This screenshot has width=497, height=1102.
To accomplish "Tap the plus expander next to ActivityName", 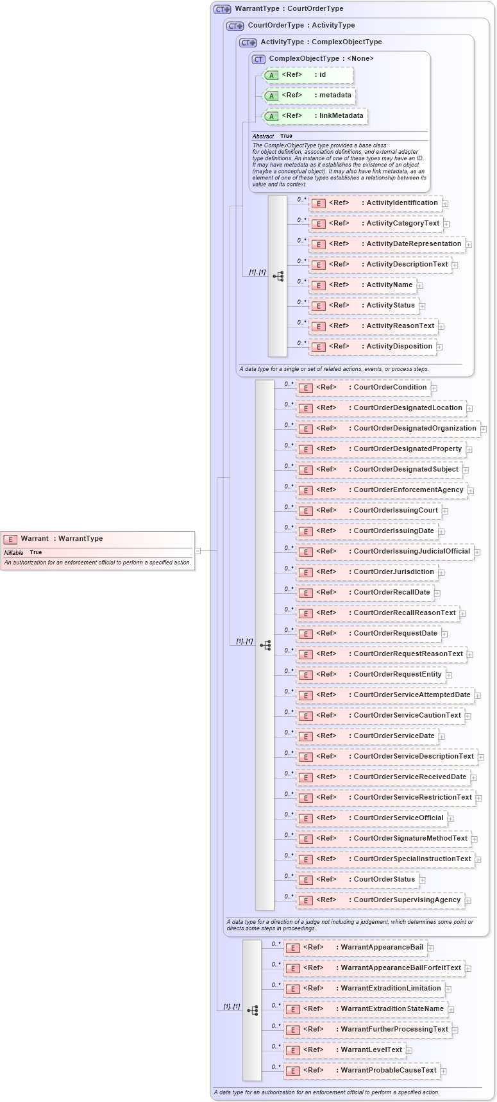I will (x=420, y=286).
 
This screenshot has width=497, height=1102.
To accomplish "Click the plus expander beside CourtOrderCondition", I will (x=434, y=388).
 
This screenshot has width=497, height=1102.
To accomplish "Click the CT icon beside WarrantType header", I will (x=222, y=9).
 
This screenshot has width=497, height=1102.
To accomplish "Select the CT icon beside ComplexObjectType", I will (x=258, y=59).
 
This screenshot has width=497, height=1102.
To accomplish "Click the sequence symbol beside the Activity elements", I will (x=278, y=276).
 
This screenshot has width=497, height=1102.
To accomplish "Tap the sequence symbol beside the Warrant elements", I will (x=252, y=1010).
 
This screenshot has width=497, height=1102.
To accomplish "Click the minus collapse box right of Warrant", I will (x=198, y=550).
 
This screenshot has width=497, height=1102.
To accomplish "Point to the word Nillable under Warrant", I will (x=13, y=552).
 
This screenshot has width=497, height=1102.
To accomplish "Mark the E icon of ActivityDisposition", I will (x=318, y=347).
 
